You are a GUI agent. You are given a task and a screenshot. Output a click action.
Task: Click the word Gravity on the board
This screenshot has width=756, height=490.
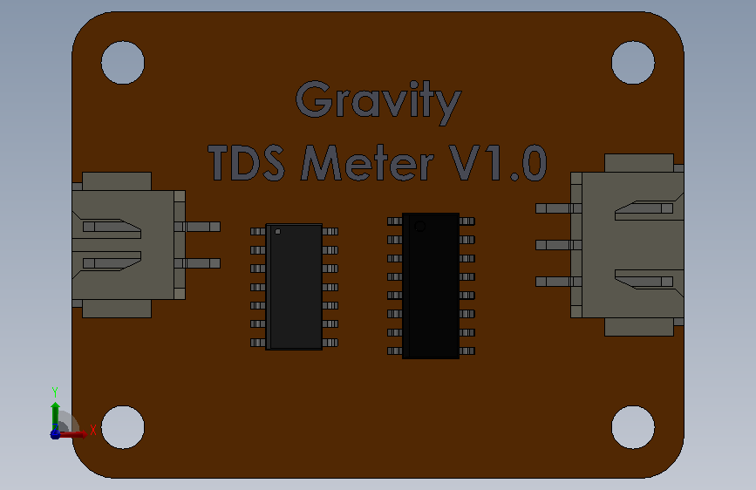pyautogui.click(x=378, y=101)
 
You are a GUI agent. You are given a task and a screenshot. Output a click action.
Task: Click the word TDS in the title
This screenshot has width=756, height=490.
pyautogui.click(x=247, y=162)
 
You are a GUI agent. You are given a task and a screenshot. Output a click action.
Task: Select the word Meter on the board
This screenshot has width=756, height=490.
pyautogui.click(x=367, y=162)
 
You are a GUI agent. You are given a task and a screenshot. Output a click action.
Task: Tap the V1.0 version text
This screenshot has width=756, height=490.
pyautogui.click(x=498, y=162)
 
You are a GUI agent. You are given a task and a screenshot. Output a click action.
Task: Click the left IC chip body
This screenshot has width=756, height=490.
pyautogui.click(x=294, y=287)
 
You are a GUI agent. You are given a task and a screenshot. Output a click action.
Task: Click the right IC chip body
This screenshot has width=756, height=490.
pyautogui.click(x=431, y=285)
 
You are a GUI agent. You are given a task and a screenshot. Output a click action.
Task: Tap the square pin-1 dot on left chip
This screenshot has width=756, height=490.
pyautogui.click(x=277, y=232)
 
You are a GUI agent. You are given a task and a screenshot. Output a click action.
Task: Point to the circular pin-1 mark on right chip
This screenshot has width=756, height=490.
pyautogui.click(x=420, y=226)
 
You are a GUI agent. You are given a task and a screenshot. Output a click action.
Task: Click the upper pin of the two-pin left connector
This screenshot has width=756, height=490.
pyautogui.click(x=197, y=227)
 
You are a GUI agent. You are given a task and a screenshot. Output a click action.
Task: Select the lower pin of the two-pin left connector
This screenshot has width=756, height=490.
pyautogui.click(x=197, y=263)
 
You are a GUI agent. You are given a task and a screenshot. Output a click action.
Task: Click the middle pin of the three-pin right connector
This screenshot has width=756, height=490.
pyautogui.click(x=558, y=245)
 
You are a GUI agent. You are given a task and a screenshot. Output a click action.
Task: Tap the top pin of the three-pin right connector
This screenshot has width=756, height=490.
pyautogui.click(x=558, y=208)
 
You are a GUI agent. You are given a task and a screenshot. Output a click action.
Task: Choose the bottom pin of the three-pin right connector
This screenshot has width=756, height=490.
pyautogui.click(x=558, y=282)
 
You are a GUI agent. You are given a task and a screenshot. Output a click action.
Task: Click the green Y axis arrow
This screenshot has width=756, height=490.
pyautogui.click(x=56, y=416)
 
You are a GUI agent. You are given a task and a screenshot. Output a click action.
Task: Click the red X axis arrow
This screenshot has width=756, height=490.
pyautogui.click(x=72, y=434)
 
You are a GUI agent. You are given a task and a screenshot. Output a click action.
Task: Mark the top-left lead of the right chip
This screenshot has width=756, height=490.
pyautogui.click(x=395, y=221)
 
